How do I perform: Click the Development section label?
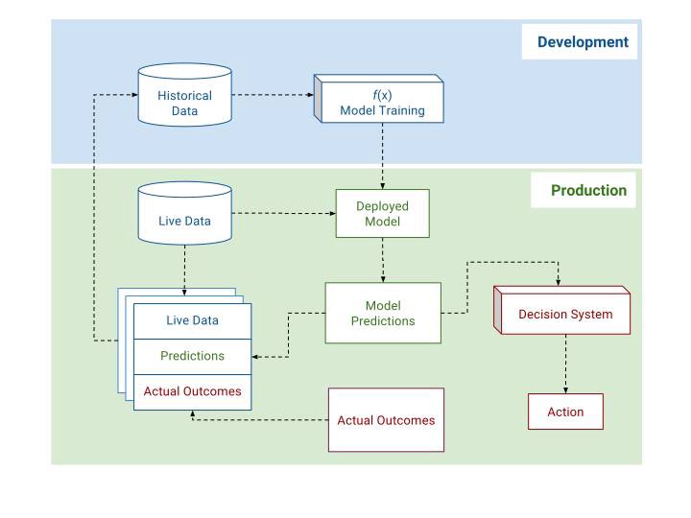point(583,42)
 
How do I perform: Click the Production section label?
point(587,190)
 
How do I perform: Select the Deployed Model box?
point(382,213)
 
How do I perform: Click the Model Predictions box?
point(382,313)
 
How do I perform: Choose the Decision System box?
point(564,314)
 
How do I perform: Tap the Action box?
point(565,412)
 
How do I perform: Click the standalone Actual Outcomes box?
point(386,420)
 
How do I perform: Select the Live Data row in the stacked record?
point(192,320)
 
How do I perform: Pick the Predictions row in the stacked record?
point(192,356)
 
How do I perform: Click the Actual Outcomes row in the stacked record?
point(192,391)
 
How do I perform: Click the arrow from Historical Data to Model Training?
point(273,95)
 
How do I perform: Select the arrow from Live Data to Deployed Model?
point(283,213)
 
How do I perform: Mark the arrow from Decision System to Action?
point(565,364)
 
